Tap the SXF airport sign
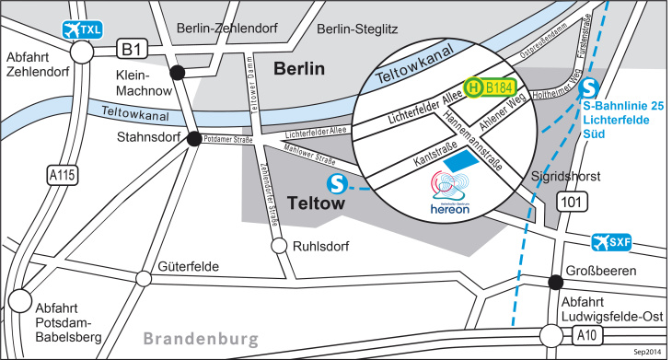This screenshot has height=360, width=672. [x=611, y=242]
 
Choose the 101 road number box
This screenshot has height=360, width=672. [x=574, y=201]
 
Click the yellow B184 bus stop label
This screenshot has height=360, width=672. [x=498, y=87]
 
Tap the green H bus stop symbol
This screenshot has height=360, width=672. [x=472, y=88]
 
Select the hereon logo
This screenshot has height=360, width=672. [x=449, y=196]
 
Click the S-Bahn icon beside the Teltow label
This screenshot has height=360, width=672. [x=338, y=184]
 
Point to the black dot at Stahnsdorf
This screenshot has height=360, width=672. [x=194, y=139]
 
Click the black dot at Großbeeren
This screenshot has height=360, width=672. [x=555, y=283]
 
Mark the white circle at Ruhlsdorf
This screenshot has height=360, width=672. [x=277, y=247]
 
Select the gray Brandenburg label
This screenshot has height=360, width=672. [x=201, y=339]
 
